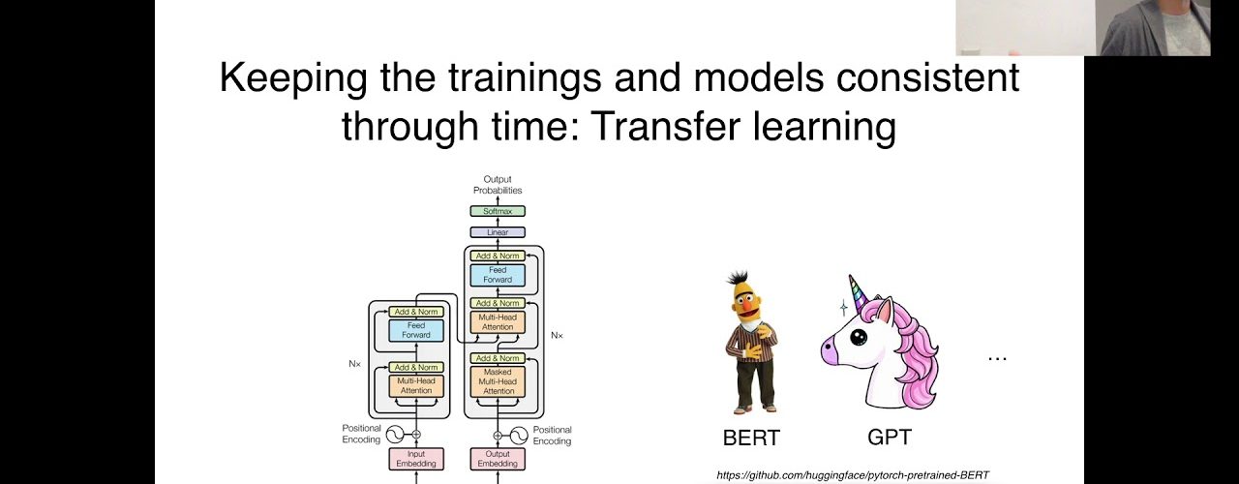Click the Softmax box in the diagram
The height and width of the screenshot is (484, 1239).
(498, 211)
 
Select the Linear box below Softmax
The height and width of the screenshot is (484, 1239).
(498, 232)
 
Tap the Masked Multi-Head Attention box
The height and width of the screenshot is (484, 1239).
(498, 381)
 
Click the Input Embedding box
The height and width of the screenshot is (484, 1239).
(416, 459)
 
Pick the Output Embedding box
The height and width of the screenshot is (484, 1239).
(498, 459)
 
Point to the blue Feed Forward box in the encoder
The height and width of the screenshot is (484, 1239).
(416, 330)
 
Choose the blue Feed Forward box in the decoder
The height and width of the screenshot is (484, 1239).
(498, 275)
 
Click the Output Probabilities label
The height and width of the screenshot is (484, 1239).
(498, 185)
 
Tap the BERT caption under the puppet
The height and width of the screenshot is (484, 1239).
(751, 439)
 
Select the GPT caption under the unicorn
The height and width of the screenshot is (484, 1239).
(890, 437)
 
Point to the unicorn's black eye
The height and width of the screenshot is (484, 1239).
(859, 337)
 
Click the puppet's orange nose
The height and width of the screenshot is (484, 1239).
(746, 304)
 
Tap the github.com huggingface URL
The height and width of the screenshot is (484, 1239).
(853, 475)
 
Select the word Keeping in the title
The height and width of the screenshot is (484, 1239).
(293, 79)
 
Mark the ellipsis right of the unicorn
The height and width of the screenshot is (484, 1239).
(997, 359)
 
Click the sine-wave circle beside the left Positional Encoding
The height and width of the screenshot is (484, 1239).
(395, 435)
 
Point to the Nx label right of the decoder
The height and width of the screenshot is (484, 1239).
(557, 335)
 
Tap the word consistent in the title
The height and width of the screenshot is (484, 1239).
(927, 77)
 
